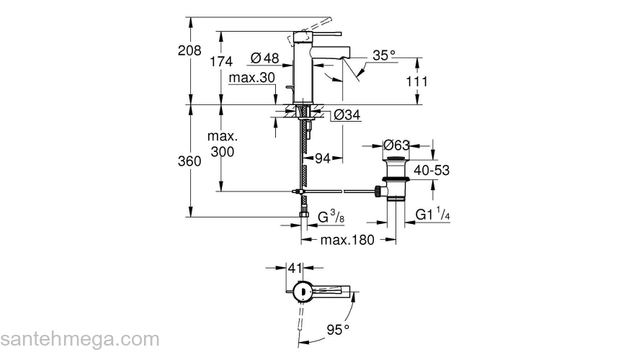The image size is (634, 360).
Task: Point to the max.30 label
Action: tap(252, 78)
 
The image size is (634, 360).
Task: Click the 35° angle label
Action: tap(385, 55)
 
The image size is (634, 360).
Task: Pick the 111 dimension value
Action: tap(416, 81)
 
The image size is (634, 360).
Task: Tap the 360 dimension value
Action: tap(189, 161)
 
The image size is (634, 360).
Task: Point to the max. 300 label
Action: tap(223, 144)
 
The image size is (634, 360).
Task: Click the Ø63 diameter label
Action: tap(396, 145)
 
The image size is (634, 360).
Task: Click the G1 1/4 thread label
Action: tap(434, 215)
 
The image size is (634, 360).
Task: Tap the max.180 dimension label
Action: tap(348, 240)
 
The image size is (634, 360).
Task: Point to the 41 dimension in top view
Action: tap(294, 268)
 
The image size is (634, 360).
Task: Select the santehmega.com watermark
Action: tap(79, 339)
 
